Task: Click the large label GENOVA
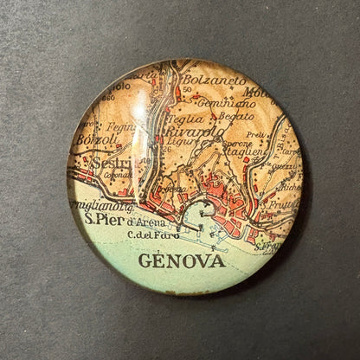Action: [x=181, y=260]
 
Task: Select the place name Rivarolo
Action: [x=196, y=132]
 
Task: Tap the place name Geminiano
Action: [x=217, y=102]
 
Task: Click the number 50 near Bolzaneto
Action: [x=187, y=90]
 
